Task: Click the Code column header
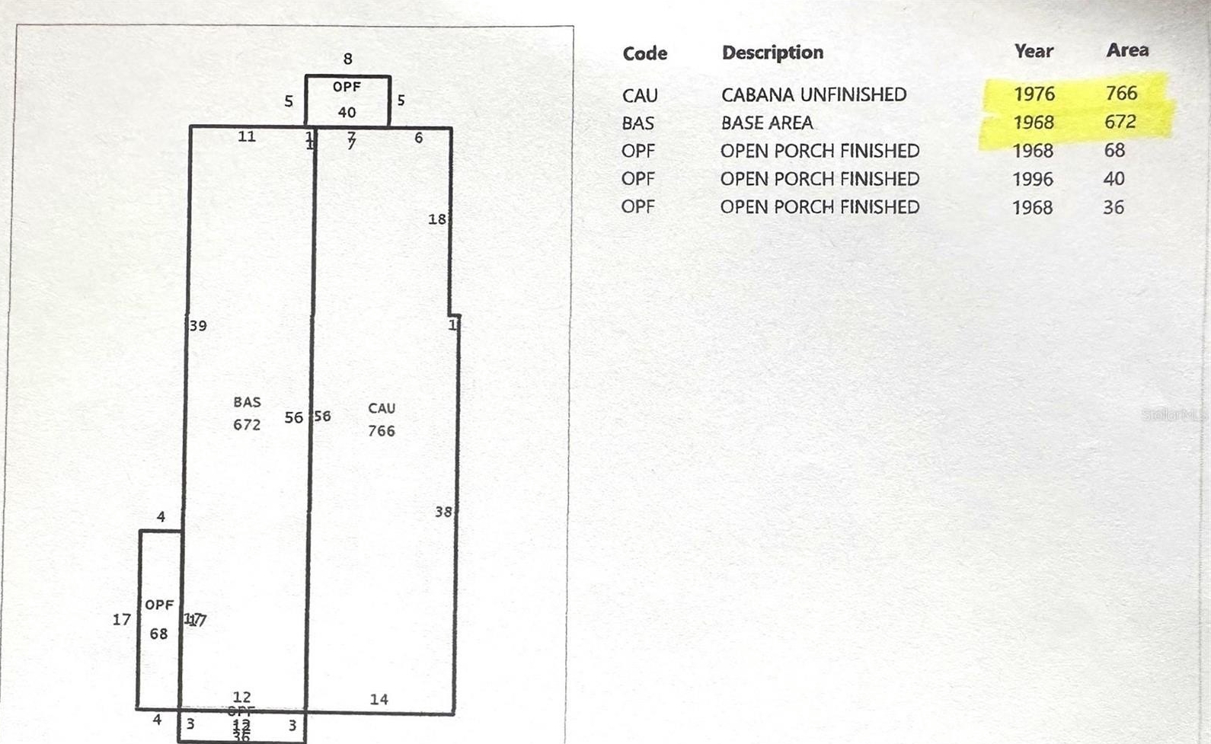644,53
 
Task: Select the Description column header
772,53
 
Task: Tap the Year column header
1034,51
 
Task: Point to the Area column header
1127,50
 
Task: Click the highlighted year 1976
1034,94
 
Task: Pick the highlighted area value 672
1120,122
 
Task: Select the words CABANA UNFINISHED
813,94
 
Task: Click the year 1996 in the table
1032,179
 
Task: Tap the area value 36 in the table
1113,207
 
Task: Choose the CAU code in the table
639,95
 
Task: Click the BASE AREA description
766,123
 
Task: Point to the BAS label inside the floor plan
247,402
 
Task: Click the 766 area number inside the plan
381,431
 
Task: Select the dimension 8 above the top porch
347,59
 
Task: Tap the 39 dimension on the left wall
198,326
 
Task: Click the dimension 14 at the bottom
379,699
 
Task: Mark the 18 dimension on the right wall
436,219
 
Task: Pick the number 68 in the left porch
158,634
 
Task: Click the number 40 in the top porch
347,113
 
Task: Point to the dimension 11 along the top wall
246,136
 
